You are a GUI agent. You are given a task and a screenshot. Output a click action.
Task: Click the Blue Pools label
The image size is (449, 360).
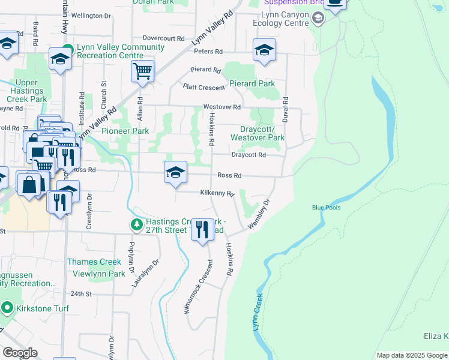pos(326,208)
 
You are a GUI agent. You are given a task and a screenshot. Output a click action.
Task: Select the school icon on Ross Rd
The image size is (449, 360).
pos(175,173)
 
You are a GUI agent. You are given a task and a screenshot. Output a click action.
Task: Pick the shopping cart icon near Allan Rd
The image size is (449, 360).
pos(143,71)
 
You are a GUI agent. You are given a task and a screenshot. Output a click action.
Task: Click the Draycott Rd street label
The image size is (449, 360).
pos(249,155)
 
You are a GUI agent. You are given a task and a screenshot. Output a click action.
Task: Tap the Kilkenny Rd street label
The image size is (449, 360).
pos(217,193)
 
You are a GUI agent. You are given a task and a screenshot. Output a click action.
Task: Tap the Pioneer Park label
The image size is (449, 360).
pos(125,131)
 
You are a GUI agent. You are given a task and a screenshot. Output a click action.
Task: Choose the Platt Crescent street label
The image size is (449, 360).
pos(204,88)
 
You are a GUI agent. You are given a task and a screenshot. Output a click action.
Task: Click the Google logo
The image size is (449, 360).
pos(20,353)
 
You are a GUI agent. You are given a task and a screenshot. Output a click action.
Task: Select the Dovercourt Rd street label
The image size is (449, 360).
pos(163,38)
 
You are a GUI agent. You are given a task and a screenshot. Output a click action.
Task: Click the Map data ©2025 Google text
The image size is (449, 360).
pos(411,355)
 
